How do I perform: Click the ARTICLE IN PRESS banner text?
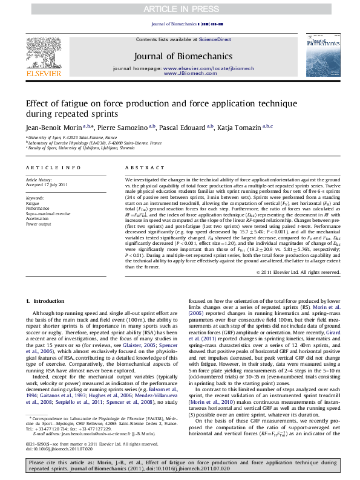(180, 10)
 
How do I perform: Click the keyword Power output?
(39, 224)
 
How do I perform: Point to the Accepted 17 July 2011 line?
(47, 184)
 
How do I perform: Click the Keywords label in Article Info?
(35, 198)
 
